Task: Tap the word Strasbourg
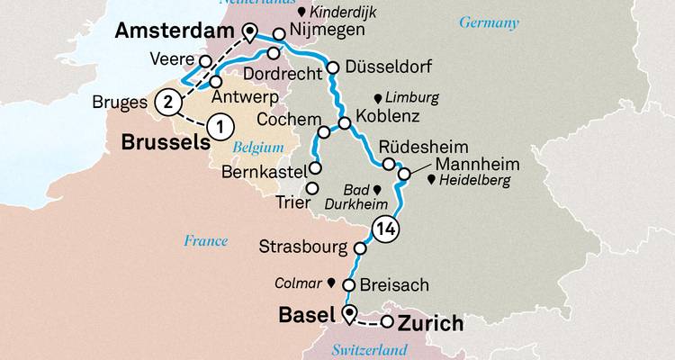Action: coord(302,246)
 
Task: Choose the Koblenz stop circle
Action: coord(345,123)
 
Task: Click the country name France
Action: coord(205,241)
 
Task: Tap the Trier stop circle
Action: coord(312,189)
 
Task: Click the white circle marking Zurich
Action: coord(388,322)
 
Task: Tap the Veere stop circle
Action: coord(206,61)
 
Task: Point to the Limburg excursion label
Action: coord(412,97)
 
